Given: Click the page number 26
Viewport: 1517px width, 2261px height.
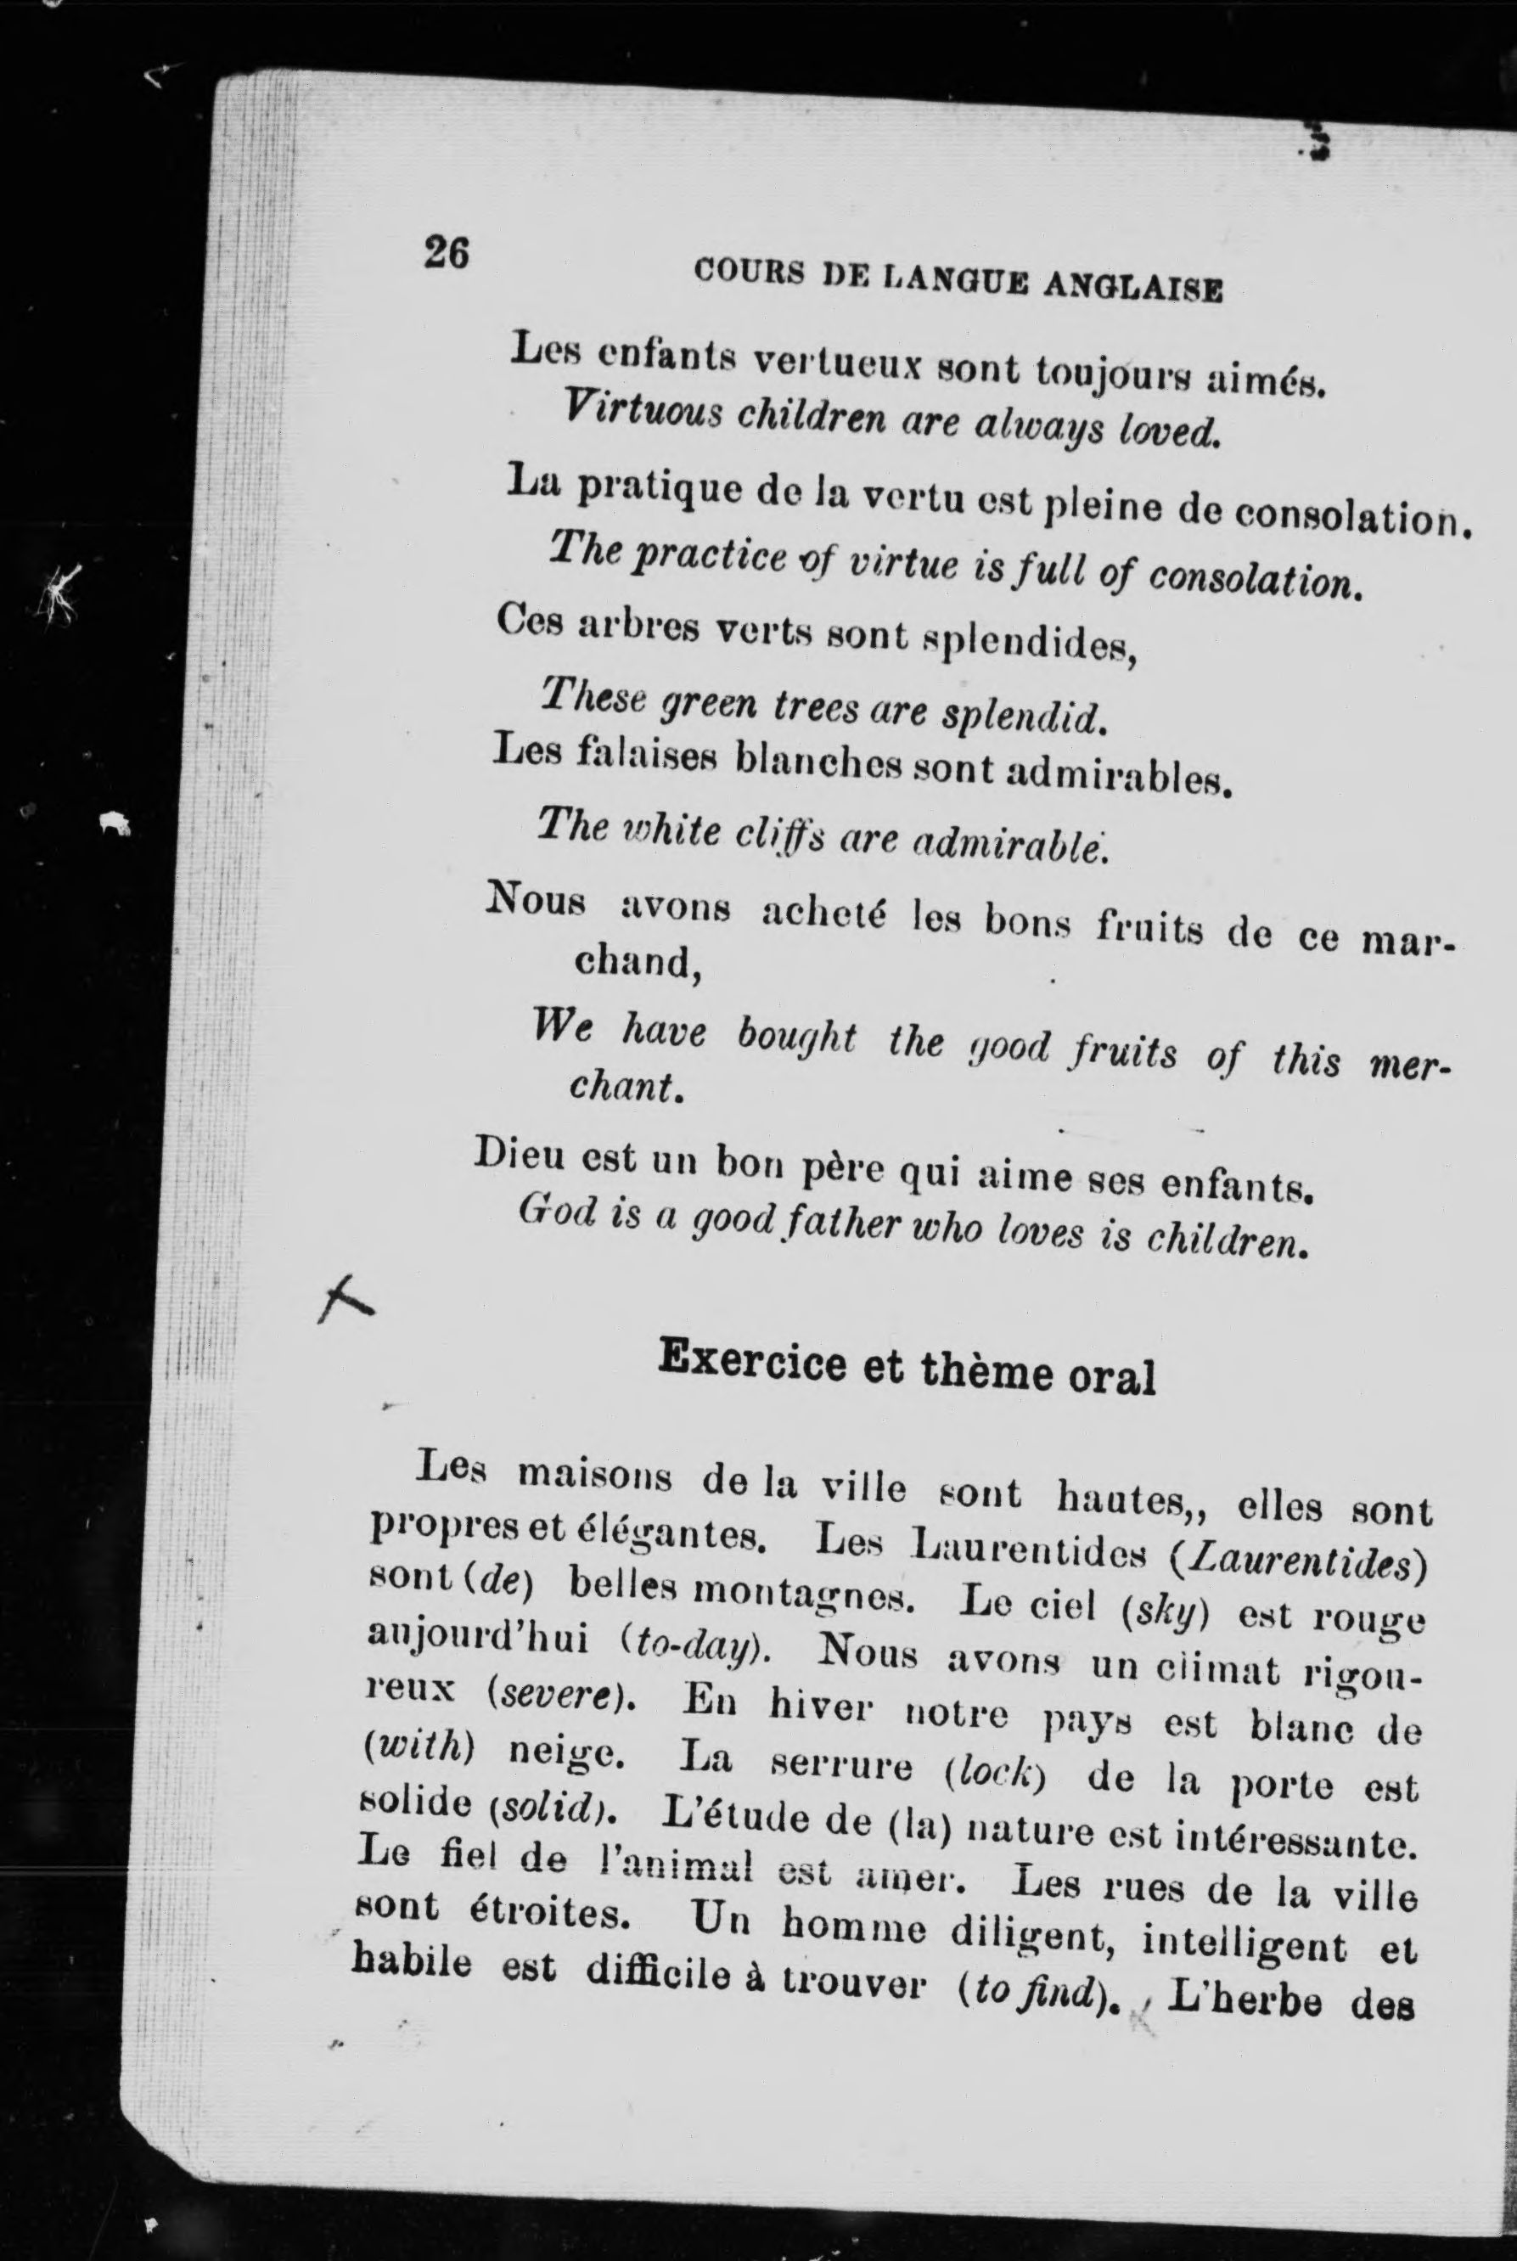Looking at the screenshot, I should (446, 254).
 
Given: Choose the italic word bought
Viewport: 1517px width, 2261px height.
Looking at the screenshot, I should (796, 1038).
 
